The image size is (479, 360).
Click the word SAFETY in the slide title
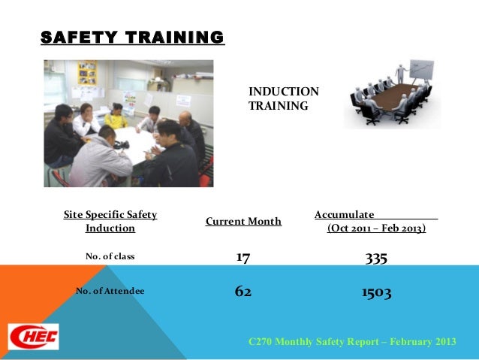pos(76,37)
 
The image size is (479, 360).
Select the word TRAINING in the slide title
pos(173,37)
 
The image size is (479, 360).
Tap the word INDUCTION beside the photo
pos(284,92)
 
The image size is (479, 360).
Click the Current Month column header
pos(243,221)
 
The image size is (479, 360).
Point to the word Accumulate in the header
pos(345,215)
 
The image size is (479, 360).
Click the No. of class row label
pos(110,256)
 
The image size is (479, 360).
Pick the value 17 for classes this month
pos(243,258)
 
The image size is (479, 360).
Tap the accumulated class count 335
pos(376,258)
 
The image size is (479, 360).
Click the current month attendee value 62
pos(243,291)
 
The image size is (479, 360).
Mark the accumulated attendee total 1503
pos(376,292)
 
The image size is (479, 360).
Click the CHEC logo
pos(33,336)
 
